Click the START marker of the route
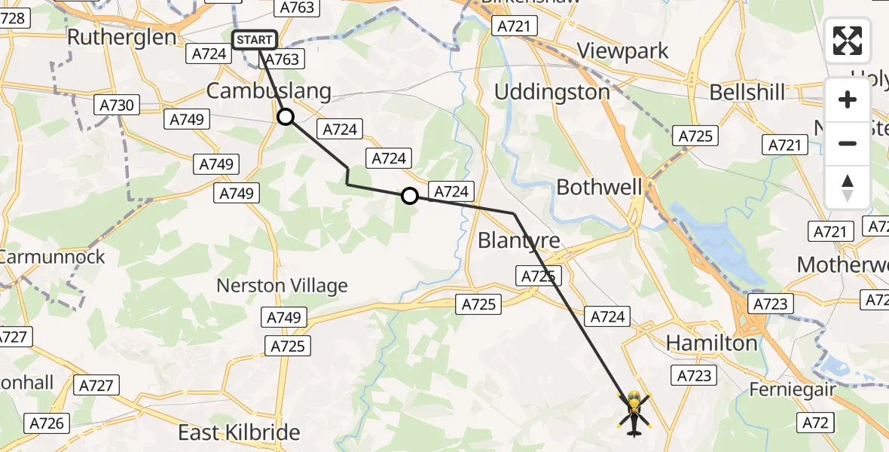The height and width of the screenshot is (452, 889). coord(255,39)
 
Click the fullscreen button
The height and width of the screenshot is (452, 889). coord(848,40)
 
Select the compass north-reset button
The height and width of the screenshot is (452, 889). coord(848,187)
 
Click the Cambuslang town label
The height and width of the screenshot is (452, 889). coord(268,91)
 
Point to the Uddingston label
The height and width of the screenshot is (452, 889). coord(552,92)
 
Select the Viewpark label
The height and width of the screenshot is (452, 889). coord(622,50)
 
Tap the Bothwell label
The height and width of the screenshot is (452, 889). coord(600,187)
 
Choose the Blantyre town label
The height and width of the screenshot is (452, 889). coord(519,240)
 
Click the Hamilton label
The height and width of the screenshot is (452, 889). coord(712,344)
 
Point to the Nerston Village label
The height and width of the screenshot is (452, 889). coord(283,286)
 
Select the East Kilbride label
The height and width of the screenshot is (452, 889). coord(239,432)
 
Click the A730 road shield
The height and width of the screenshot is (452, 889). coord(117,105)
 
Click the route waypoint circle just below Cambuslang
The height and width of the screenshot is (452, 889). coord(286,117)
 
